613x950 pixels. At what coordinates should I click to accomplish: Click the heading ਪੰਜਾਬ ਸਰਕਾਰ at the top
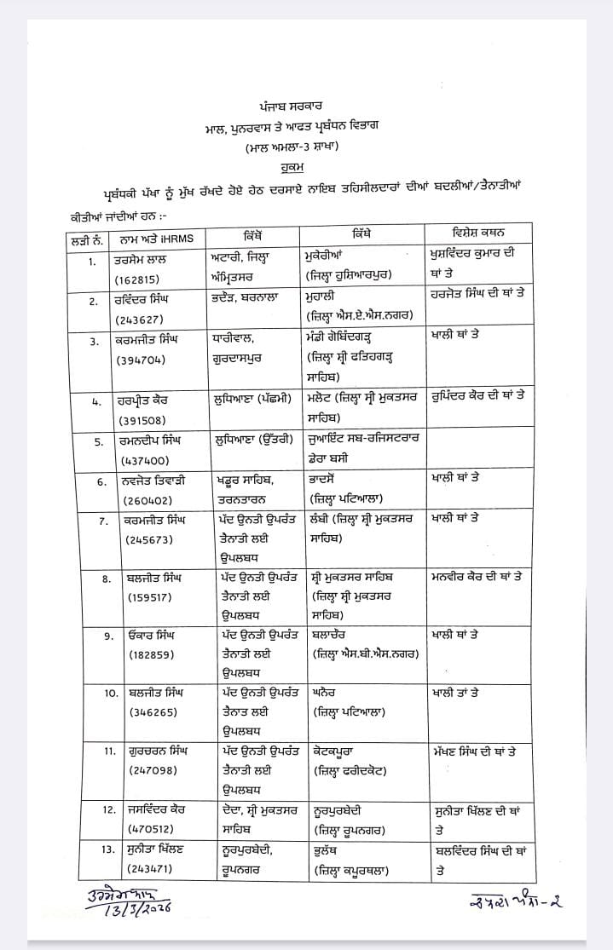[x=306, y=106]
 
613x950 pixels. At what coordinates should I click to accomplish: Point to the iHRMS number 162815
[x=140, y=277]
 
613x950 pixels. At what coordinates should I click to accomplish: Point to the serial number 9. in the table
[x=108, y=636]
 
